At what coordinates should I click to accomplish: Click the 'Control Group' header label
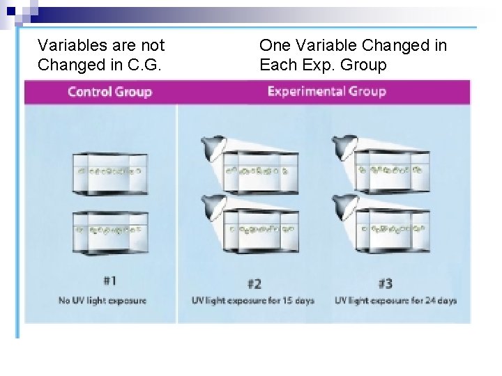click(x=109, y=92)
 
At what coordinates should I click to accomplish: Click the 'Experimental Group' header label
click(x=326, y=91)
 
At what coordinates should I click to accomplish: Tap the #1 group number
click(x=109, y=281)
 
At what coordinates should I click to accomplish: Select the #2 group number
click(x=254, y=283)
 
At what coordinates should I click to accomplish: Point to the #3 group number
click(x=384, y=283)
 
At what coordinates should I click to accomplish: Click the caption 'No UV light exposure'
click(x=102, y=301)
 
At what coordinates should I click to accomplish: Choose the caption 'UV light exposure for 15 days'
click(x=253, y=301)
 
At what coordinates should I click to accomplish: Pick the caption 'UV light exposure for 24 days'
click(x=395, y=301)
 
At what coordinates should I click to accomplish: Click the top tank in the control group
click(x=109, y=171)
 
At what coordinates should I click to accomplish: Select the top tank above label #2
click(x=259, y=171)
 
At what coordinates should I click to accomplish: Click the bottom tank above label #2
click(x=259, y=230)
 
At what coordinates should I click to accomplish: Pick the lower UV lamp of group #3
click(x=343, y=203)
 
